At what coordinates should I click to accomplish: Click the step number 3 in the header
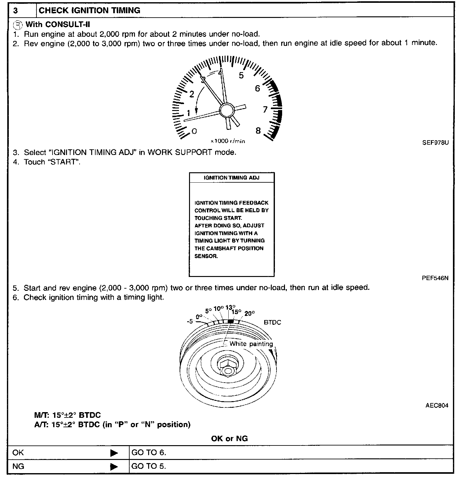pos(16,11)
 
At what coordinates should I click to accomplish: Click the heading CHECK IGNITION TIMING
pos(89,10)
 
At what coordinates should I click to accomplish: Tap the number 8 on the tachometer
pos(258,131)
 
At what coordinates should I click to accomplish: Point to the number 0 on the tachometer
pos(194,131)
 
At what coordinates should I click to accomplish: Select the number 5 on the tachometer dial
pos(241,75)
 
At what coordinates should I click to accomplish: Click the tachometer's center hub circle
pos(227,110)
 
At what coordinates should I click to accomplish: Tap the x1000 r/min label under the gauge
pos(228,141)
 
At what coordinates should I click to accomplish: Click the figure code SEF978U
pos(435,143)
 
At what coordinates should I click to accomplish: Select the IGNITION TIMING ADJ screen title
pos(231,178)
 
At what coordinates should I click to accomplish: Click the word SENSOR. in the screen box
pos(206,256)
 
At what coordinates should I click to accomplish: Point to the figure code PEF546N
pos(435,278)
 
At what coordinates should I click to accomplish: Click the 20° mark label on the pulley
pos(250,313)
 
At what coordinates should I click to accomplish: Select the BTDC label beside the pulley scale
pos(272,322)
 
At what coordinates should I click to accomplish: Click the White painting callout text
pos(251,344)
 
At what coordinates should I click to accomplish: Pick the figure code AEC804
pos(437,405)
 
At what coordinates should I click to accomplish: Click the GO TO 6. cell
pos(148,452)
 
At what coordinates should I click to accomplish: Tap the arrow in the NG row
pos(114,467)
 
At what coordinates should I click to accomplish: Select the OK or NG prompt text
pos(229,438)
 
